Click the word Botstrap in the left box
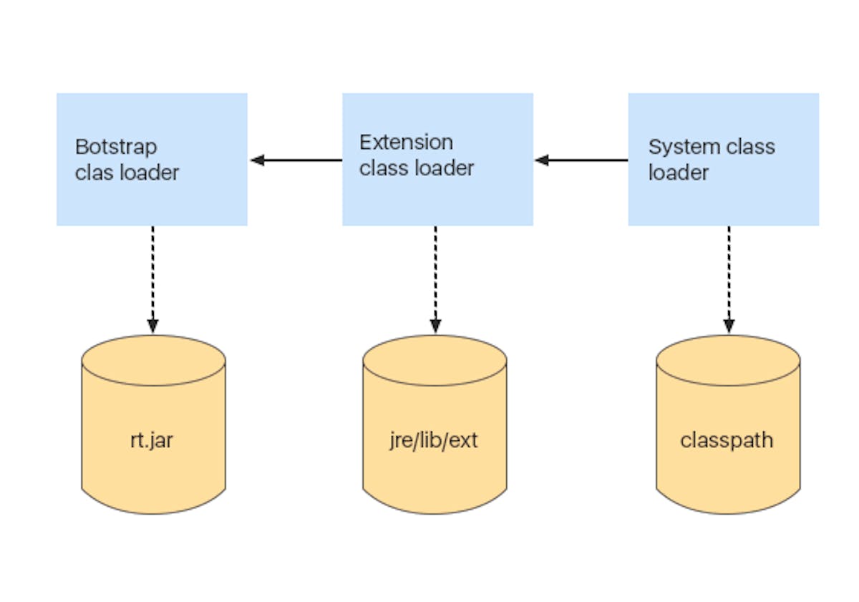tap(116, 147)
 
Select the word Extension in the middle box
tap(406, 142)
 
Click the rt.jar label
tap(152, 440)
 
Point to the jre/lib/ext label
tap(435, 440)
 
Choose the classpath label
tap(727, 440)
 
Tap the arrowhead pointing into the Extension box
tap(542, 160)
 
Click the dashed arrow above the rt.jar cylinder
tap(152, 276)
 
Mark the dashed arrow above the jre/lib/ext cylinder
tap(435, 276)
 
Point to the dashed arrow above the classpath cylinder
tap(729, 276)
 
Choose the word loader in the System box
tap(679, 173)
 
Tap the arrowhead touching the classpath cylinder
tap(729, 326)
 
